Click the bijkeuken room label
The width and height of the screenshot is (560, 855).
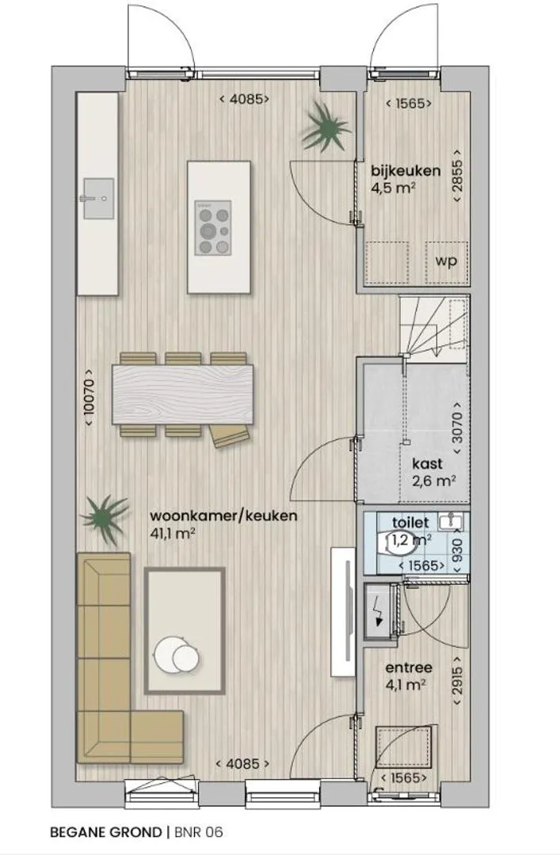pos(406,171)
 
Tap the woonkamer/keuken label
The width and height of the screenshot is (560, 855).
pos(224,516)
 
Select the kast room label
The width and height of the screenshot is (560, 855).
pos(428,464)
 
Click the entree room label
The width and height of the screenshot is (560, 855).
pos(409,667)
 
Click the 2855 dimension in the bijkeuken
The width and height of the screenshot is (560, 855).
pos(457,175)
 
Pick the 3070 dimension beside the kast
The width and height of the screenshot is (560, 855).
pos(457,428)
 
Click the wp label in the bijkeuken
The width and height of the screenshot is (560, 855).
pos(446,261)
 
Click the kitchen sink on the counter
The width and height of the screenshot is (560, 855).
pos(97,199)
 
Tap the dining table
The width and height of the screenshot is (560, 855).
pos(183,394)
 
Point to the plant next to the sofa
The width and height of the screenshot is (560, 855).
pos(105,518)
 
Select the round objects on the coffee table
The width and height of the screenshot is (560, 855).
pos(177,653)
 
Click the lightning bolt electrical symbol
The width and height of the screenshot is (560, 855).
pos(378,612)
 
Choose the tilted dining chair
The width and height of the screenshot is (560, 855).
pos(230,436)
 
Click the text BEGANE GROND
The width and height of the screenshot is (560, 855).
pos(106,832)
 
